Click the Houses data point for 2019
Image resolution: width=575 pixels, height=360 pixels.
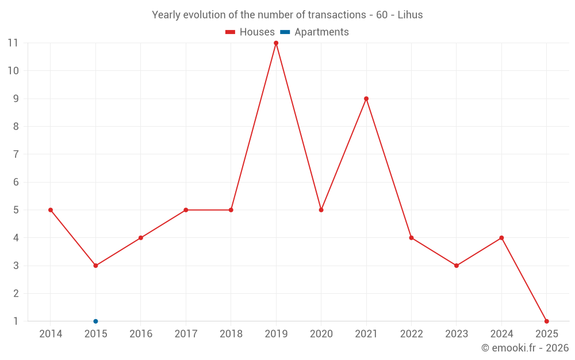pos(276,43)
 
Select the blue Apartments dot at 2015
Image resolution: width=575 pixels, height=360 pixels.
pos(95,321)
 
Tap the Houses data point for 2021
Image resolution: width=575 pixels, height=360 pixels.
pos(366,98)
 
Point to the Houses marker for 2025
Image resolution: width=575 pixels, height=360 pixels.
pos(546,321)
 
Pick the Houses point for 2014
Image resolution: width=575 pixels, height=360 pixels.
pos(51,210)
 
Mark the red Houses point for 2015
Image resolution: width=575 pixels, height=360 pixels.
pos(95,266)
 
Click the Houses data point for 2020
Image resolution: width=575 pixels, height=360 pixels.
pos(321,210)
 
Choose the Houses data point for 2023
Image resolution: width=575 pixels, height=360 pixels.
pos(457,266)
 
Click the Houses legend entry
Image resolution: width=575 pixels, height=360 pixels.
pos(250,32)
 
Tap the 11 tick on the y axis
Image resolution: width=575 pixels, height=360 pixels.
pos(13,43)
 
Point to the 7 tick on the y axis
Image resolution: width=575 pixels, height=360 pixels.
pos(16,154)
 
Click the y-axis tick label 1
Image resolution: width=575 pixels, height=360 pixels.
pos(16,321)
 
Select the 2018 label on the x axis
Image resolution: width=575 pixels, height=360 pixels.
pos(231,334)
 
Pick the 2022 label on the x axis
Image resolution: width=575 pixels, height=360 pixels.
pos(411,334)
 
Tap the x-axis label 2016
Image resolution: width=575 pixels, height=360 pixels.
pos(141,334)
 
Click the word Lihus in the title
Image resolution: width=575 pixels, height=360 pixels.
pos(411,15)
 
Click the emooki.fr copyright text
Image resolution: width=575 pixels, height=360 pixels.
pos(525,348)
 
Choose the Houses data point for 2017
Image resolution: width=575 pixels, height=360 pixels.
pos(186,210)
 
